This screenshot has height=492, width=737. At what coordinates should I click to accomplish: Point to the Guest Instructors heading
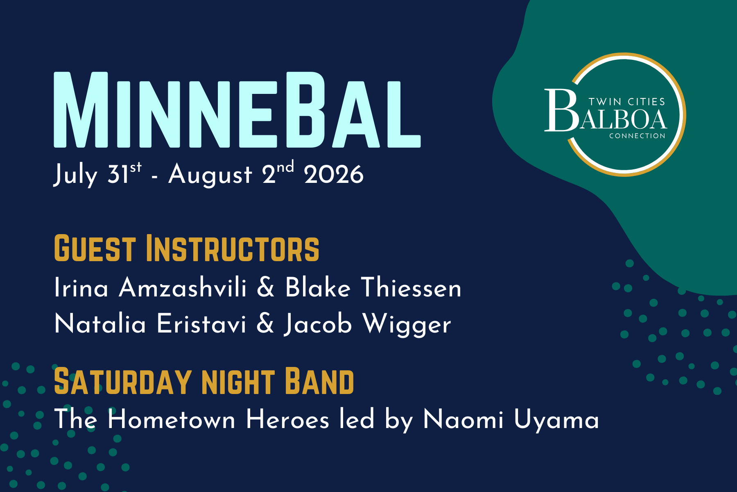[186, 248]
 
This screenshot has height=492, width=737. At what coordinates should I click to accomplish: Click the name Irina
[81, 287]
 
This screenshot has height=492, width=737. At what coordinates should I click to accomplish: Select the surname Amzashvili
[183, 287]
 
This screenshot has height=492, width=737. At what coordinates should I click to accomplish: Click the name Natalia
[100, 324]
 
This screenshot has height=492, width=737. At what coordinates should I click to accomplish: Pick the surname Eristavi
[201, 324]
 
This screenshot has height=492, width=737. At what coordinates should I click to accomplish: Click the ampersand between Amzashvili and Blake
[266, 287]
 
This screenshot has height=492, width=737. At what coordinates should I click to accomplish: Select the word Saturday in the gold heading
[123, 382]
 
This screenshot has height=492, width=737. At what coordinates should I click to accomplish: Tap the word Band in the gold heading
[319, 382]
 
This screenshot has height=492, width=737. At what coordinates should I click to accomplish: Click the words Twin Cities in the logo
[627, 102]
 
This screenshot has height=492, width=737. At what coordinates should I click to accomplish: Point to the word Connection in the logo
[637, 136]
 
